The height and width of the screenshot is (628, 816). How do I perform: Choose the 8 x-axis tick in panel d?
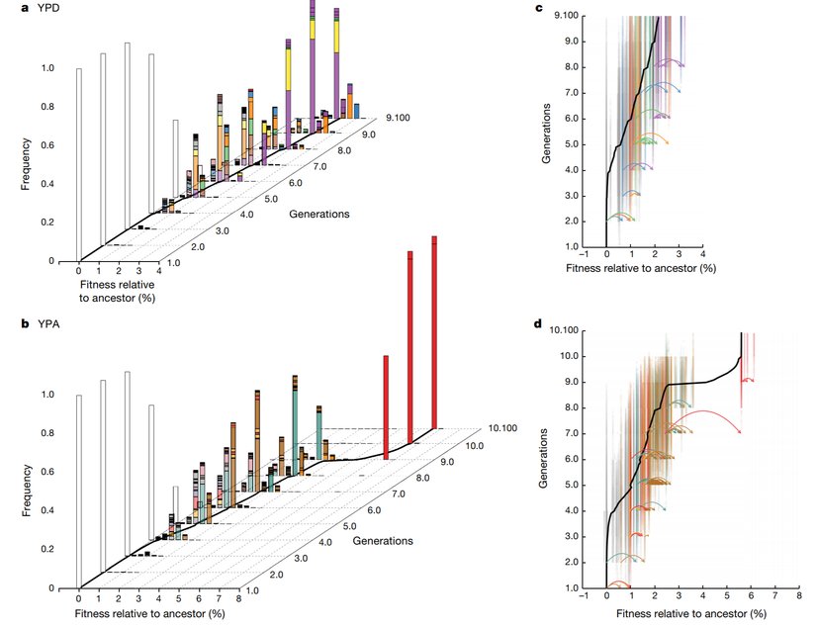(798, 596)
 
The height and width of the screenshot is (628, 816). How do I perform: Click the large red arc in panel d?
(704, 410)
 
